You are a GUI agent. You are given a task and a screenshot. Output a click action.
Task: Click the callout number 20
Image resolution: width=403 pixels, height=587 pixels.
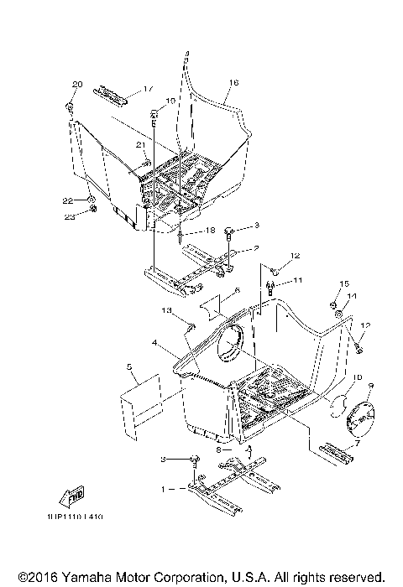coord(78,85)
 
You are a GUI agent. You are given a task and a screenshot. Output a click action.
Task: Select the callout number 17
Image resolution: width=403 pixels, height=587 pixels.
coord(148,89)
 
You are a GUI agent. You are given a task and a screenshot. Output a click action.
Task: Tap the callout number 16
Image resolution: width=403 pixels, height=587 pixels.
coord(233,82)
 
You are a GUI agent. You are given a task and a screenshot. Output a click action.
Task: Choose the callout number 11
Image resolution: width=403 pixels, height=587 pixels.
coord(296,279)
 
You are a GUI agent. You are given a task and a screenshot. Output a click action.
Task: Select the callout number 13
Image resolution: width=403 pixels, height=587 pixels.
coord(166,311)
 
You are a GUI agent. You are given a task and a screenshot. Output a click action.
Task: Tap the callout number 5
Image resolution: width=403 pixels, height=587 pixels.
coord(128,366)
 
